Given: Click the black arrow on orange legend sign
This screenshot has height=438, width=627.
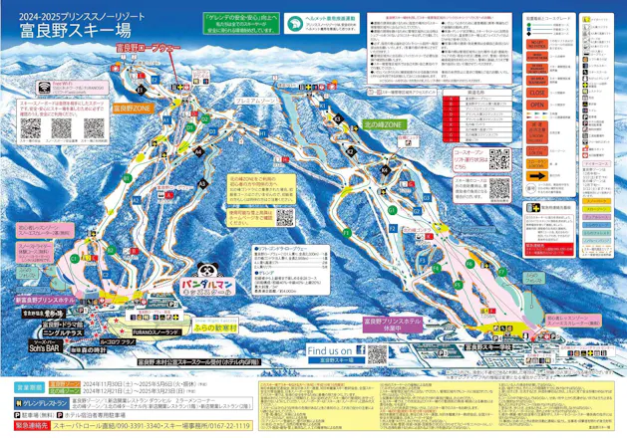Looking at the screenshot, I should pos(537,175).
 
